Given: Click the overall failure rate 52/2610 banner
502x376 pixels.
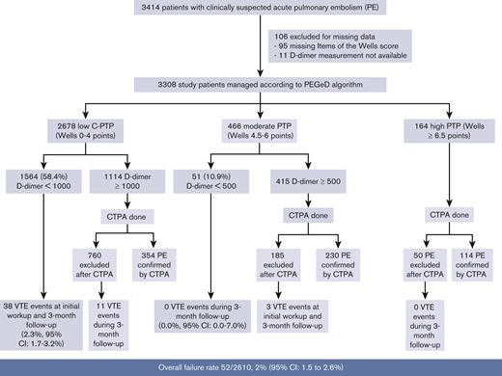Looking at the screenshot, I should (251, 366).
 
